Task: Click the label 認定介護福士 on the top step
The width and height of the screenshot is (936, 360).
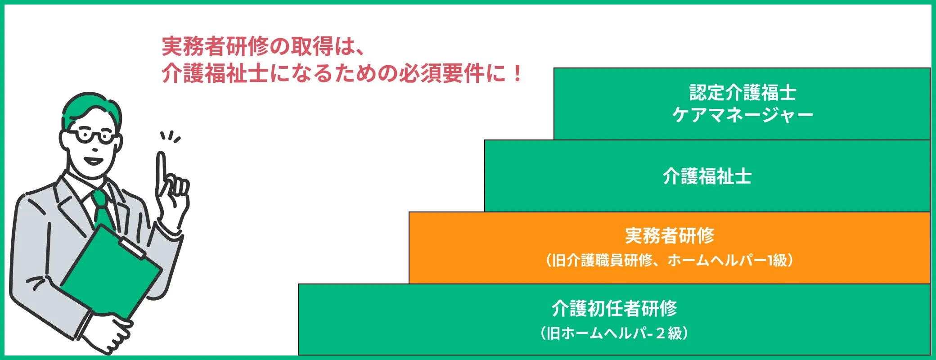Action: (x=742, y=93)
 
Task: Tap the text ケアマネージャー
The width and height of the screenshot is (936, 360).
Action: (x=742, y=115)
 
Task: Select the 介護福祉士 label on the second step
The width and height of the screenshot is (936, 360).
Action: (x=707, y=176)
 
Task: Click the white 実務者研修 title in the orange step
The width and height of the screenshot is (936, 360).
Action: (x=670, y=235)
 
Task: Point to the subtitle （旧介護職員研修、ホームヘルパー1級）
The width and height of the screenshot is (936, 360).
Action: (x=670, y=260)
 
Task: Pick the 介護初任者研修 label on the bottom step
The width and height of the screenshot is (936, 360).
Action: (x=614, y=308)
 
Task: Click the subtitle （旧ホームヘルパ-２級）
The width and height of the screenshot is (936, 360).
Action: (x=614, y=333)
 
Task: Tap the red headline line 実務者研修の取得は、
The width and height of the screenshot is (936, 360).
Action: (x=263, y=46)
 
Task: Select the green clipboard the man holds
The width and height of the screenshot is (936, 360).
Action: (x=111, y=270)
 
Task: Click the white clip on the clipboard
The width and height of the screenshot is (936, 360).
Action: (x=132, y=248)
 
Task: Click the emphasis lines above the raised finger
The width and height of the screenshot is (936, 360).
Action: (x=171, y=136)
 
